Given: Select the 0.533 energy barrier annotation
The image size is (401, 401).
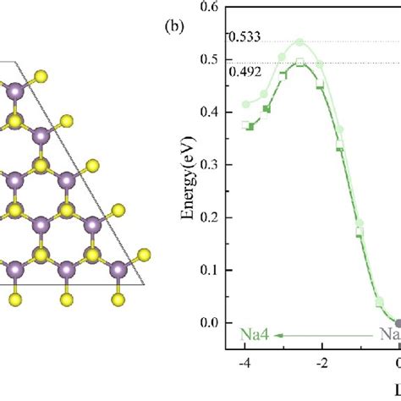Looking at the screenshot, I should (x=244, y=37).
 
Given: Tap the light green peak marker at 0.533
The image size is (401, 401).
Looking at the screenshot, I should (x=299, y=42).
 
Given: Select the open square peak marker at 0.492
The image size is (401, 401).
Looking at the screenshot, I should (x=299, y=62).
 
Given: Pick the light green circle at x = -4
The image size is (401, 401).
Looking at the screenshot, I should (x=246, y=104).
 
